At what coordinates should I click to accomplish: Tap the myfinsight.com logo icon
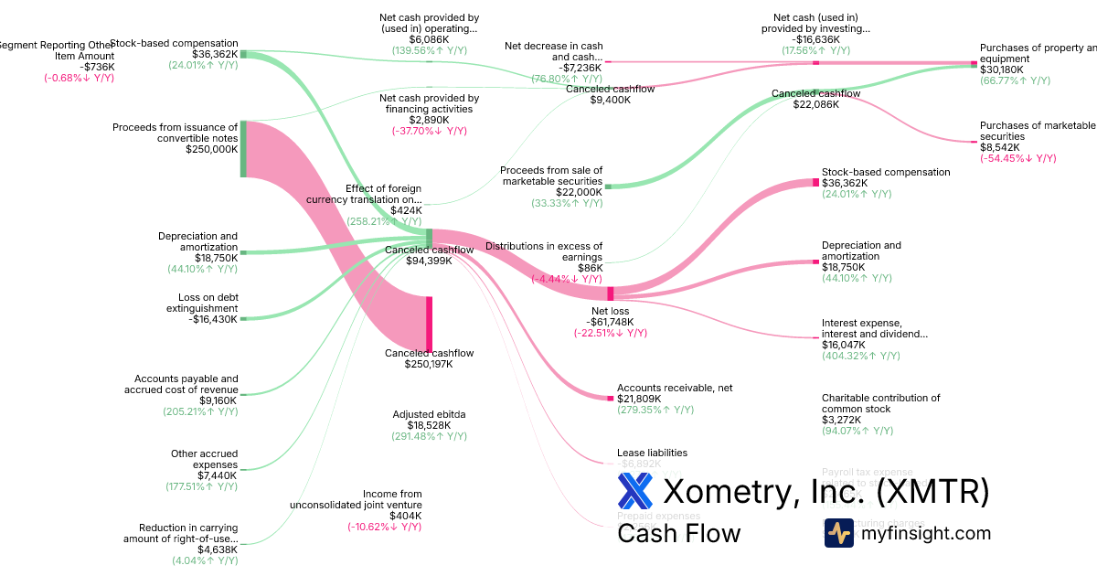tap(838, 532)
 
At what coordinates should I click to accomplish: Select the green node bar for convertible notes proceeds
tap(243, 149)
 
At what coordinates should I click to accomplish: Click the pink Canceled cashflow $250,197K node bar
tap(429, 324)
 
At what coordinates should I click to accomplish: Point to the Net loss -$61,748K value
tap(610, 322)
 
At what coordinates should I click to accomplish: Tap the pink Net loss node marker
tap(611, 293)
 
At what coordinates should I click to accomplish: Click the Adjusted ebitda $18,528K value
tap(429, 425)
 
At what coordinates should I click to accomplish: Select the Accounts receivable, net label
tap(675, 388)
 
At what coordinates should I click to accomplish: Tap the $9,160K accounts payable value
tap(218, 400)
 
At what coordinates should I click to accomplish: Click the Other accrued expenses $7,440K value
tap(218, 475)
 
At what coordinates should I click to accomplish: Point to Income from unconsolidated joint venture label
tap(356, 499)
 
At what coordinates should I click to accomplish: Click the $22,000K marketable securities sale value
tap(580, 192)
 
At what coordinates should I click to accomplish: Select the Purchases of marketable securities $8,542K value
tap(1000, 147)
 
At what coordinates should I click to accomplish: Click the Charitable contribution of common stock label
tap(880, 403)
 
